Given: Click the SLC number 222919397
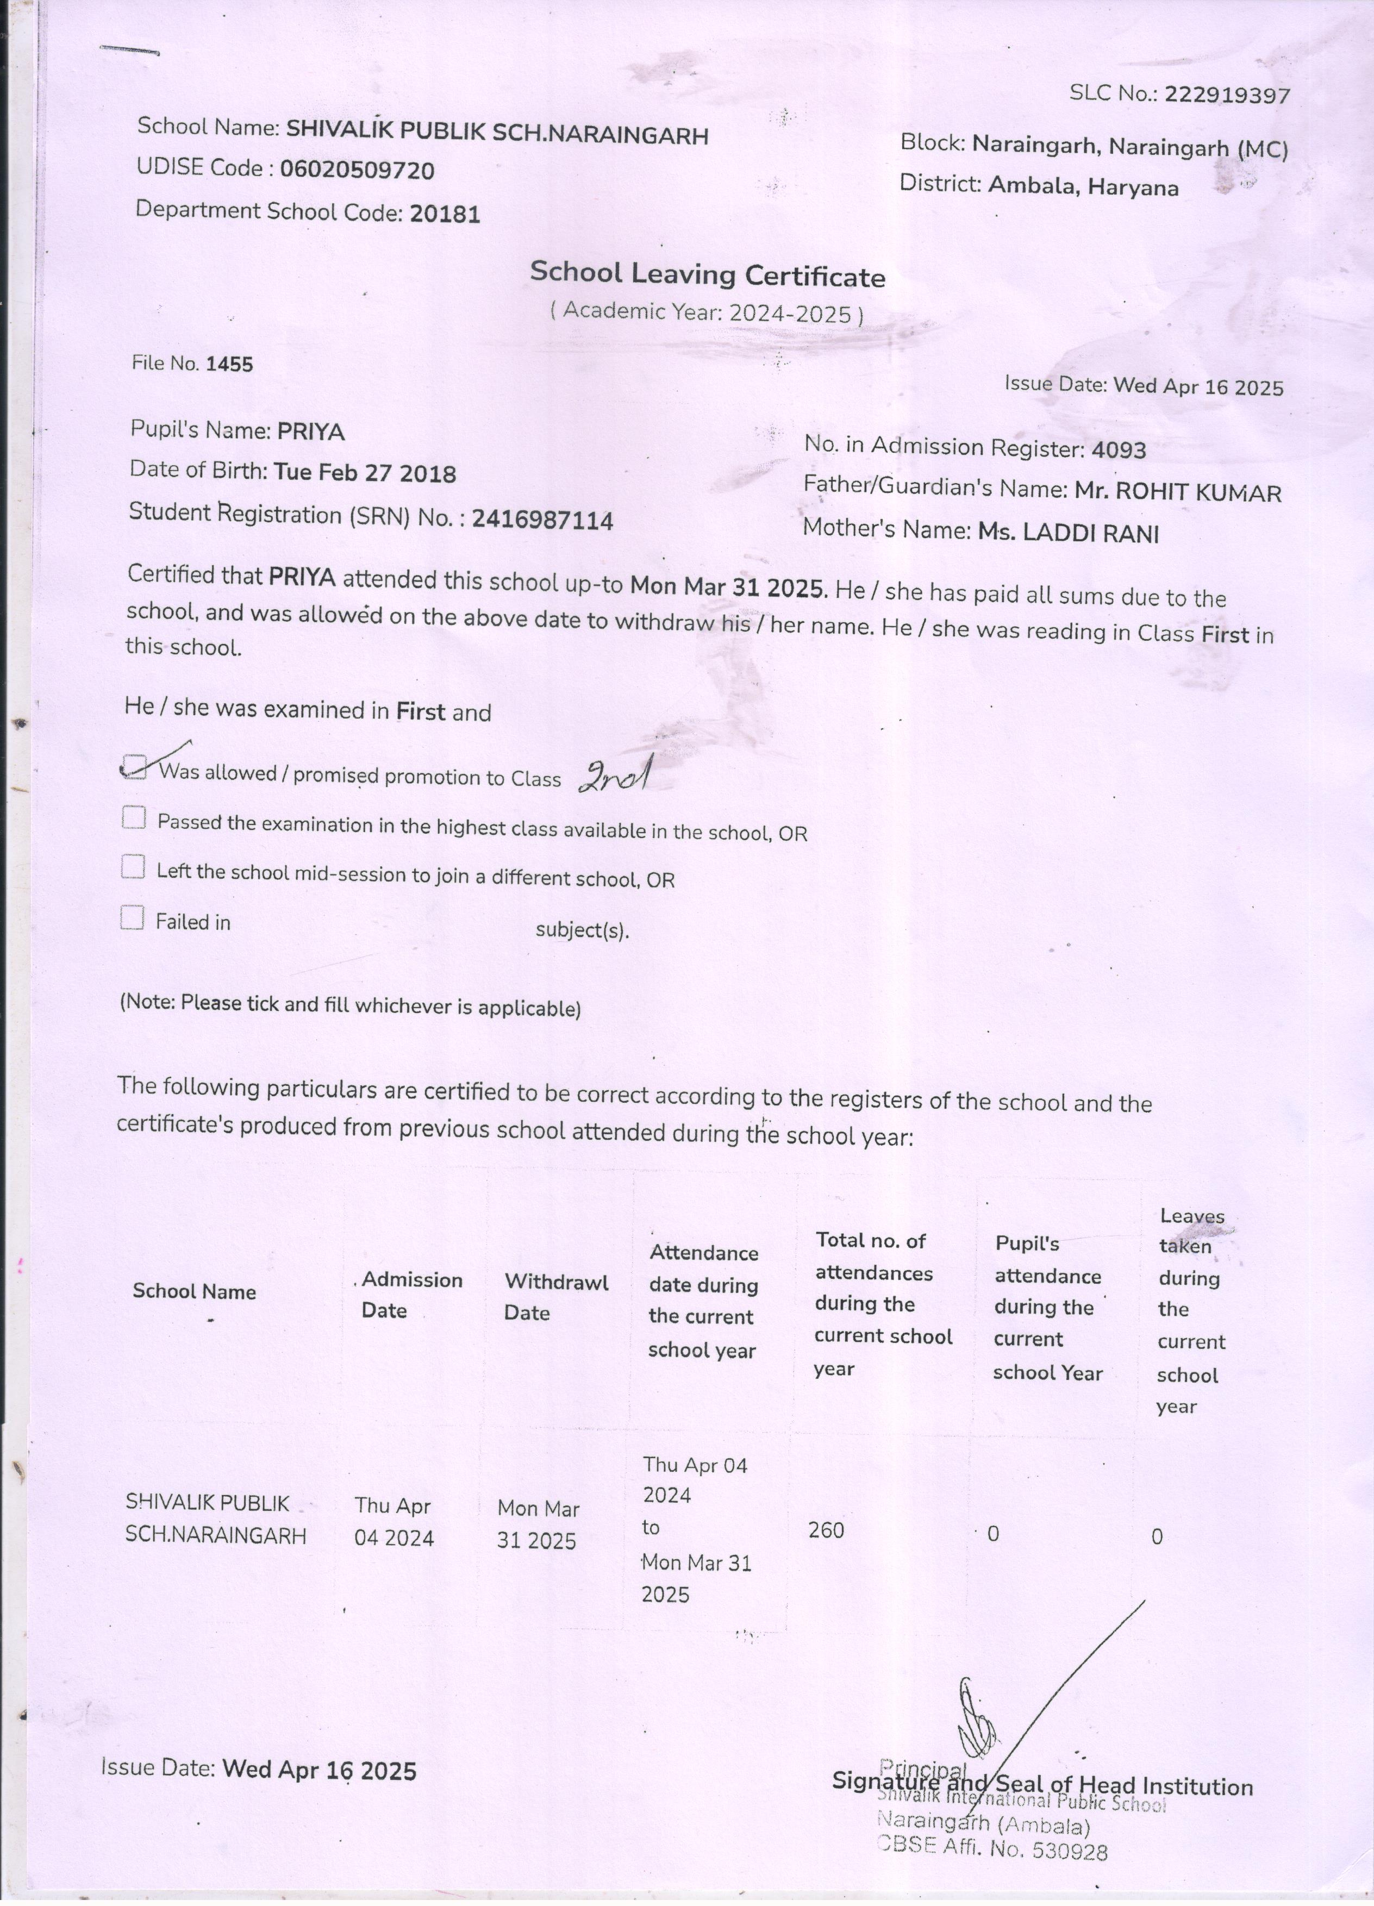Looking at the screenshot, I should (x=1227, y=95).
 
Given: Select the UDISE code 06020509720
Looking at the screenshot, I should (x=357, y=171).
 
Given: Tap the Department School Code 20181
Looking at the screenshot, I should (x=445, y=214).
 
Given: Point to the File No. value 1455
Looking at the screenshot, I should (x=229, y=364).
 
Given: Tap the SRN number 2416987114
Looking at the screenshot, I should (x=542, y=520).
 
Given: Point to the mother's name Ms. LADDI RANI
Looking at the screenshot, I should (x=1068, y=533).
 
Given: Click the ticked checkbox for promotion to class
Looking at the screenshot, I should (x=134, y=766).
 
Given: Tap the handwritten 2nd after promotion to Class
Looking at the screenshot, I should (x=614, y=777).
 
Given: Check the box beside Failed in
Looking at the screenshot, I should (x=133, y=918).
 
